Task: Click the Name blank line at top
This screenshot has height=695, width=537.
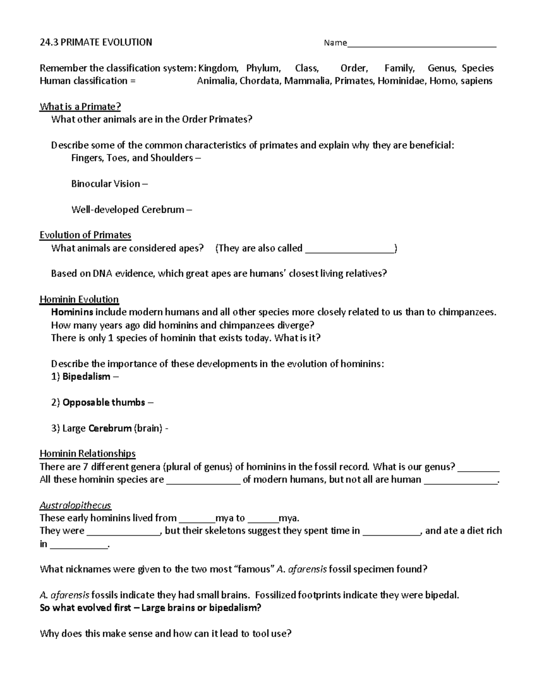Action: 422,44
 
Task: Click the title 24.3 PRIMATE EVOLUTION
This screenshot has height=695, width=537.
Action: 96,43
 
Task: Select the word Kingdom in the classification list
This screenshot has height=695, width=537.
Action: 218,68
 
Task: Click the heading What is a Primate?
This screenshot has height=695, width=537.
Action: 80,107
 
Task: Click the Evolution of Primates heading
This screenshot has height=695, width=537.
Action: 85,235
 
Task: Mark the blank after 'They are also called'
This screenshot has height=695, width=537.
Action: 349,249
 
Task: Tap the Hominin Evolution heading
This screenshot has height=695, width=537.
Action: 79,299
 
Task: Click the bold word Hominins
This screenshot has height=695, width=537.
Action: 72,312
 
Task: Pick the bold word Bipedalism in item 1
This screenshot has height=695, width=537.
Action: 86,377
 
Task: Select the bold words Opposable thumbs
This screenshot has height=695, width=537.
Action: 104,402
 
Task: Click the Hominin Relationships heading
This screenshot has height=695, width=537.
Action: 87,453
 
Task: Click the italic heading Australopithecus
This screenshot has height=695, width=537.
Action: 75,505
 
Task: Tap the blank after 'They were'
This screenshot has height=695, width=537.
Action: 123,532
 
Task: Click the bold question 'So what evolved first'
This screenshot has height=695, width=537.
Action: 150,608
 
